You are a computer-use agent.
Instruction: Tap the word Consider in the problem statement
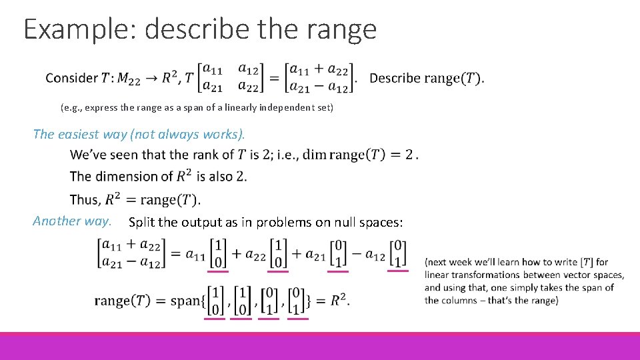71,78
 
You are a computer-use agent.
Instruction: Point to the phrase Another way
71,221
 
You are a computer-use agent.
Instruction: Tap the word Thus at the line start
84,200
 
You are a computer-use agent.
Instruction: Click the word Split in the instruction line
142,222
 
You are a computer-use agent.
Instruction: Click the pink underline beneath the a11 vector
217,271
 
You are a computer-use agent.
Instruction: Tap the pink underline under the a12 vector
397,270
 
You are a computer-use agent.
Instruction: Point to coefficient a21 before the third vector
312,254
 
